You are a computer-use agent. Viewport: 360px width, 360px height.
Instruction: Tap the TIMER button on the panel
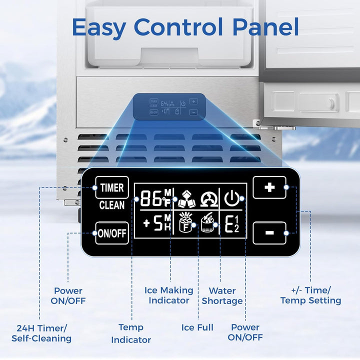pyautogui.click(x=111, y=188)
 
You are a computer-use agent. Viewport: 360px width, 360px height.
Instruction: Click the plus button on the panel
pyautogui.click(x=269, y=187)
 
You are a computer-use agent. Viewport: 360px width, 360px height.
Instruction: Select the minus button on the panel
pyautogui.click(x=269, y=233)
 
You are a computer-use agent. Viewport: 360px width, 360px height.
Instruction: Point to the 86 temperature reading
pyautogui.click(x=151, y=199)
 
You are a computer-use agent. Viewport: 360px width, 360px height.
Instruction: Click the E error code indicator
pyautogui.click(x=231, y=224)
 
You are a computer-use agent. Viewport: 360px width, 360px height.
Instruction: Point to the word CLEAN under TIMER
pyautogui.click(x=111, y=205)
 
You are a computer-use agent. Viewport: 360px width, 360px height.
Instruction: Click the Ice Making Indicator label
pyautogui.click(x=168, y=295)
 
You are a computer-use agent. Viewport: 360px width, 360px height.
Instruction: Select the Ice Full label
pyautogui.click(x=197, y=327)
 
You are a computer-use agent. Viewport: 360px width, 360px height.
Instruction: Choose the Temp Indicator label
pyautogui.click(x=131, y=333)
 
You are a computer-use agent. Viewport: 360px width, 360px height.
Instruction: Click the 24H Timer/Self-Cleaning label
pyautogui.click(x=44, y=333)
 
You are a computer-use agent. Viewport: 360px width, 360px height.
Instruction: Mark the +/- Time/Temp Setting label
pyautogui.click(x=310, y=295)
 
